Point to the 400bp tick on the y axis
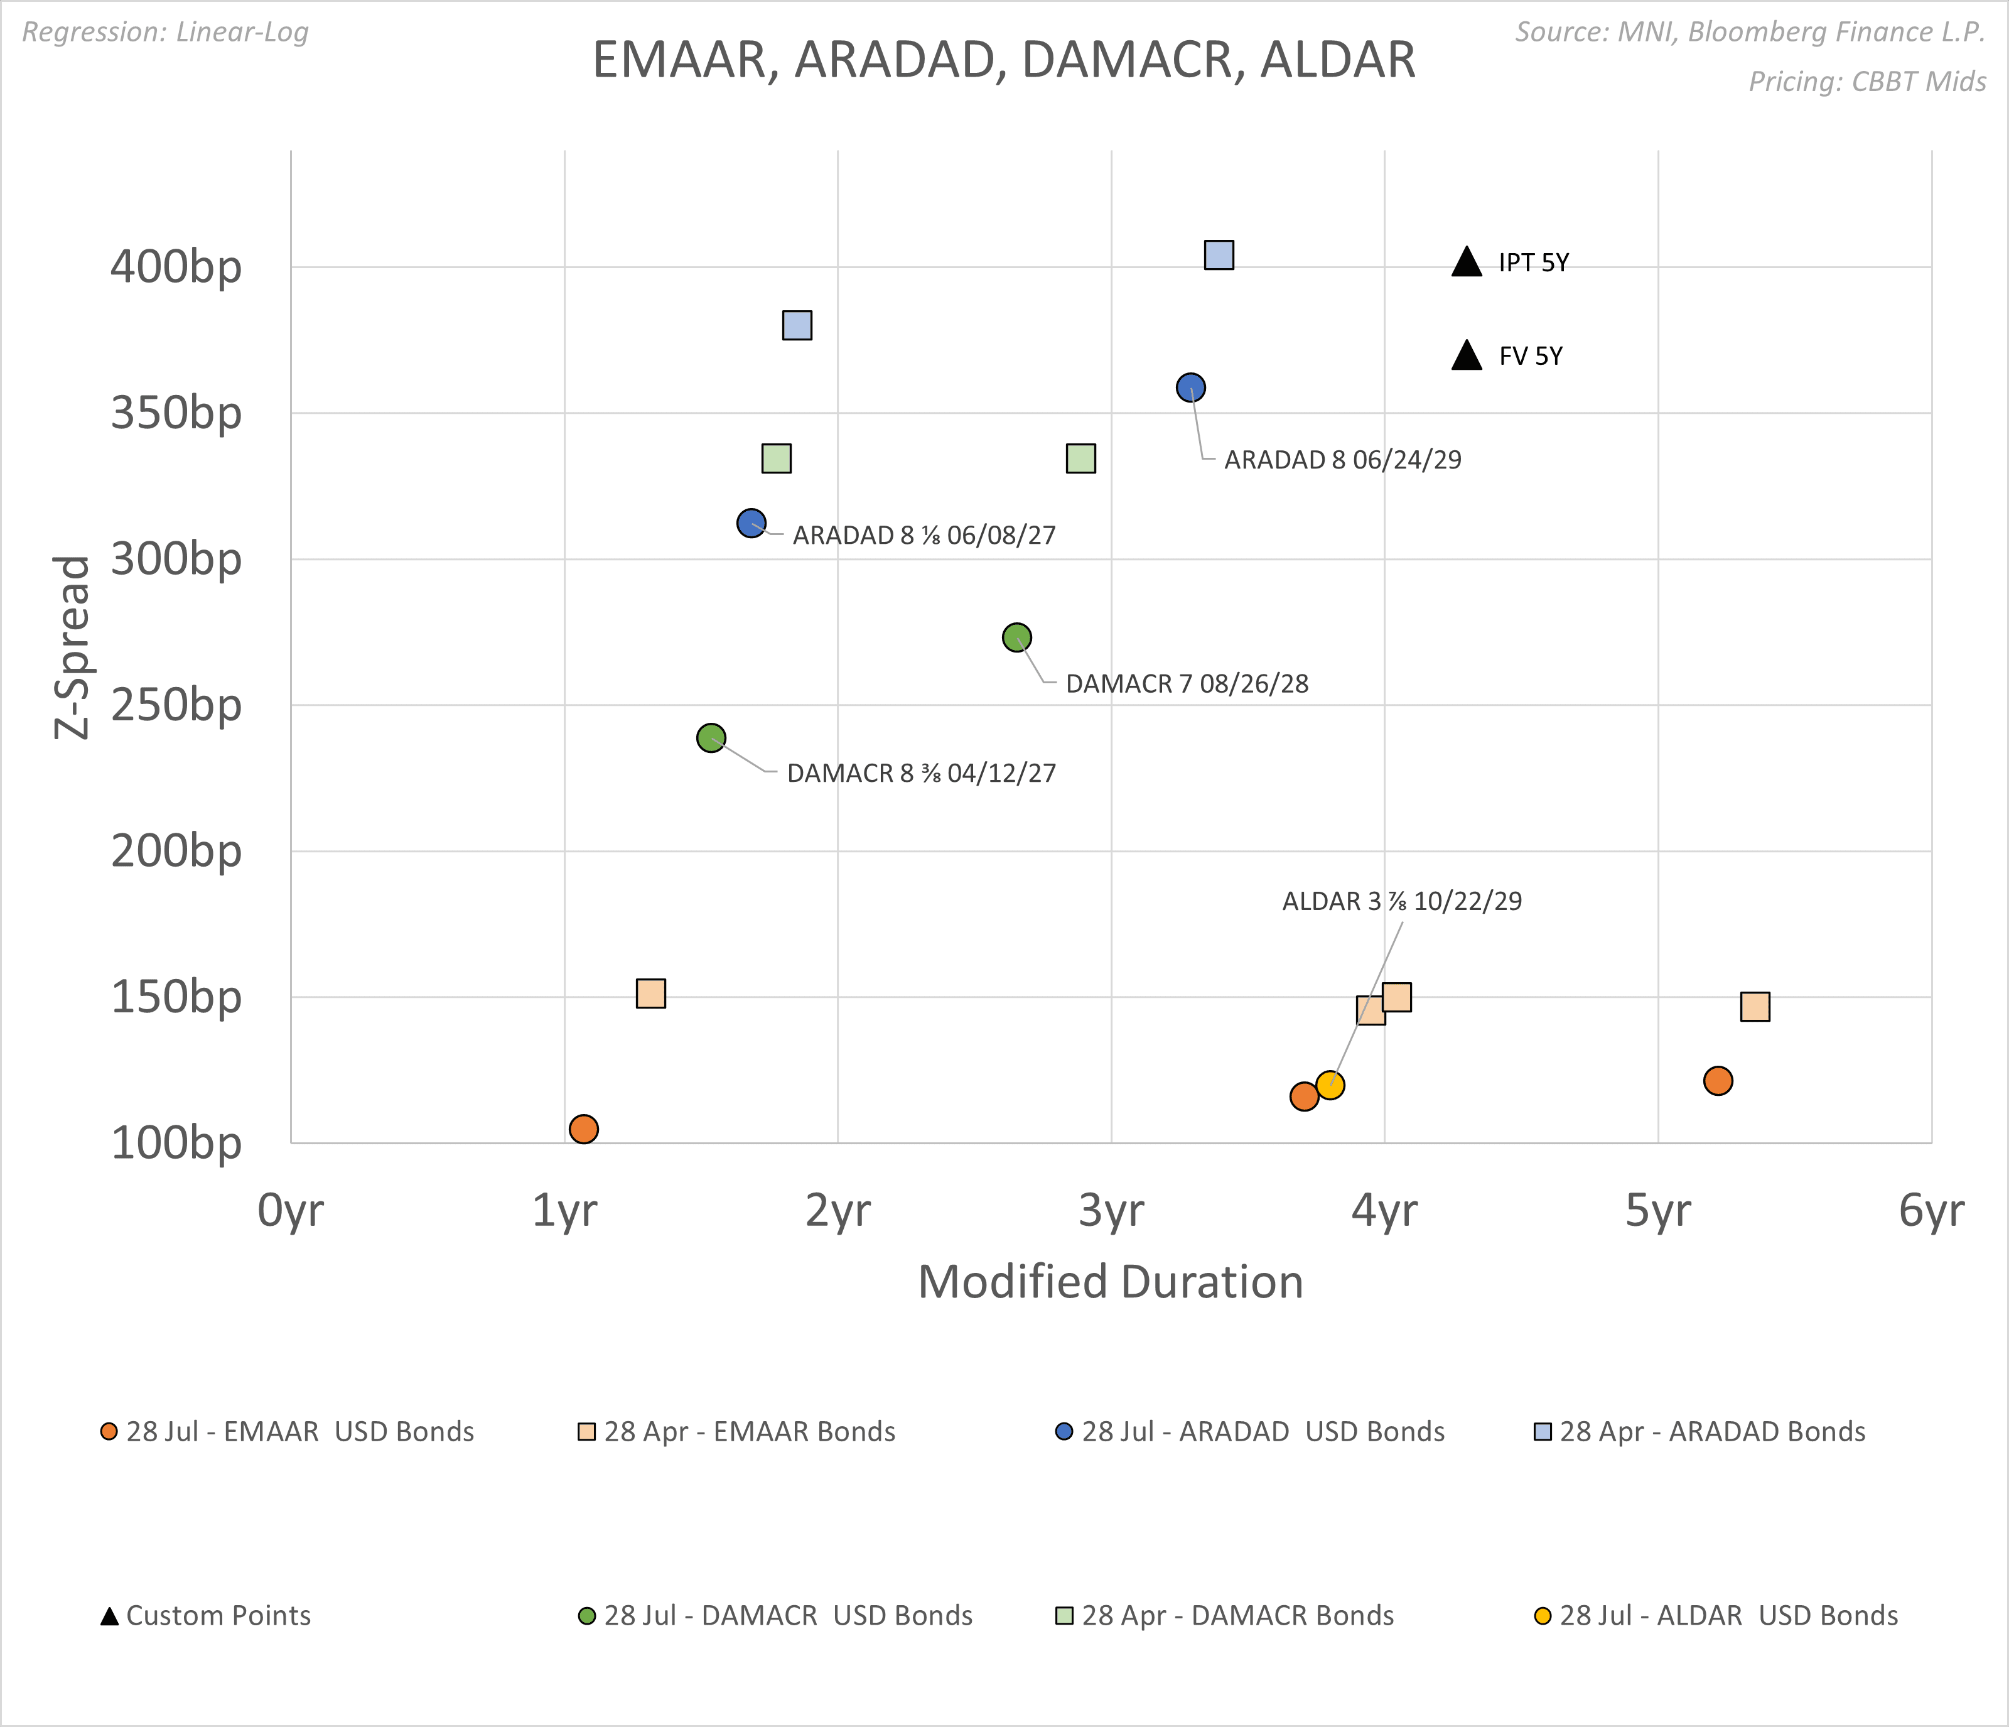[x=176, y=267]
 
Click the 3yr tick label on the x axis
[x=1111, y=1210]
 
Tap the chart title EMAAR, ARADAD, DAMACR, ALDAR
[x=1003, y=60]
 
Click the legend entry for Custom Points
[x=205, y=1615]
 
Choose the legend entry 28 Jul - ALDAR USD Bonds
[x=1716, y=1615]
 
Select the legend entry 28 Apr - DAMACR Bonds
[x=1225, y=1615]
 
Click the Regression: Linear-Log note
[x=165, y=32]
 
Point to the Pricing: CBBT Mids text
[x=1866, y=82]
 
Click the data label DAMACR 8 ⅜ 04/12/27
[x=920, y=773]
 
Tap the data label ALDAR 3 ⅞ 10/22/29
[x=1401, y=901]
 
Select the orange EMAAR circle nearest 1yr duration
[x=583, y=1129]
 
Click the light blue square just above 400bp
[x=1219, y=255]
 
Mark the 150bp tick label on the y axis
[x=176, y=997]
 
